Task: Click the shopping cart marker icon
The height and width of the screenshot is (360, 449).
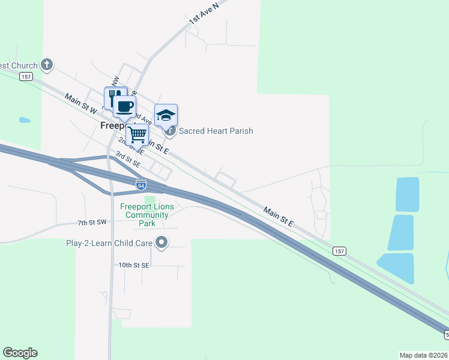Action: point(137,134)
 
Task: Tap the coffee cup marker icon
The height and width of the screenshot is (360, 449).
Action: point(124,107)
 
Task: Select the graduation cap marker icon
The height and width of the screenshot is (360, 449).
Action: point(166,114)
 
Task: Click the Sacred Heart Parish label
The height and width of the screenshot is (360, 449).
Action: point(216,131)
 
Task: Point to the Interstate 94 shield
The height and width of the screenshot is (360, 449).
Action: point(140,184)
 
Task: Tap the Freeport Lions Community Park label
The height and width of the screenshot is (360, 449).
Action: point(147,215)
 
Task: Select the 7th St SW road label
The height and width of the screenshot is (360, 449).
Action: point(92,223)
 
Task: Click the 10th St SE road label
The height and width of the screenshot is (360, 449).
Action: point(133,265)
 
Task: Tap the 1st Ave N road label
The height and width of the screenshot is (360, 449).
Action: point(202,13)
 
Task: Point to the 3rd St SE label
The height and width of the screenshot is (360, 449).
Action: point(128,160)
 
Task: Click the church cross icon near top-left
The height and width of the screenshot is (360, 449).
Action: point(47,65)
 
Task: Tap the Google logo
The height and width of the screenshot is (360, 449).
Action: point(20,353)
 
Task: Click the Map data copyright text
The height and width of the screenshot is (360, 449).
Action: point(424,355)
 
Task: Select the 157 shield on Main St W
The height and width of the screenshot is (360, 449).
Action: point(25,76)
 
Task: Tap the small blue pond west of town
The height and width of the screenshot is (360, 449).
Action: point(25,120)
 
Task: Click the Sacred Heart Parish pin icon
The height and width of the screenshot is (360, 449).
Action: point(170,130)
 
